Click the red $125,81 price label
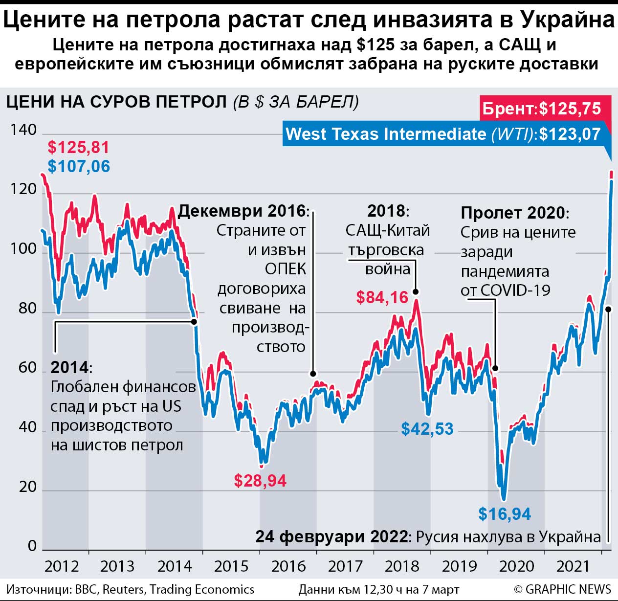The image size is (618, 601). pos(78,147)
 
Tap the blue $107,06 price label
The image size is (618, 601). pos(79,166)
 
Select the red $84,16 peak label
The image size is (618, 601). pos(382,297)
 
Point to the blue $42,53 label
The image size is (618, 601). pos(427,429)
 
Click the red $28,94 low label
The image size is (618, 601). pos(260,480)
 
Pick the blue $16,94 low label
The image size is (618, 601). pos(505,514)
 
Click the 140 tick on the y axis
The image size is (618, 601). pos(23,130)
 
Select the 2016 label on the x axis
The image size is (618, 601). pos(288,566)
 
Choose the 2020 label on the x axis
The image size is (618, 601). pos(516,566)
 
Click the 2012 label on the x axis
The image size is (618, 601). pos(62,566)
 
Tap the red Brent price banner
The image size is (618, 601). pos(542,109)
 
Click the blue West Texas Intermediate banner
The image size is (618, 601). pos(443,134)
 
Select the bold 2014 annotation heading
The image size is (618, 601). pos(70,367)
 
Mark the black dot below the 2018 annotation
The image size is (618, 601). pos(416,292)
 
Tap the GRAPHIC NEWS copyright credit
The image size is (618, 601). pos(562,589)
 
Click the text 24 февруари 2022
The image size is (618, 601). pos(331,536)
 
